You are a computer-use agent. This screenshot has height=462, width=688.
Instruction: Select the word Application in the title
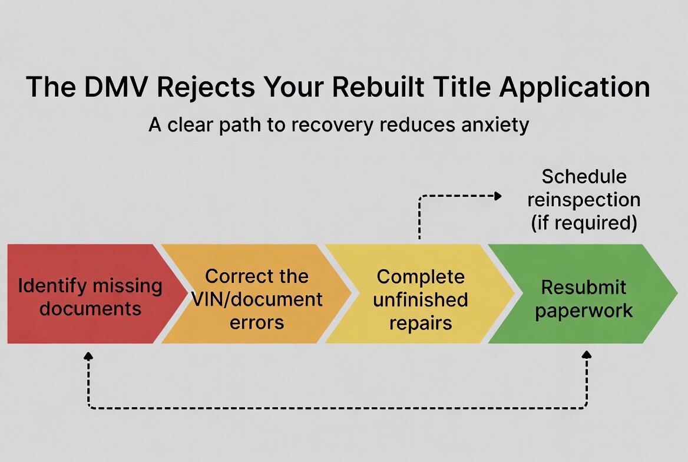(x=574, y=87)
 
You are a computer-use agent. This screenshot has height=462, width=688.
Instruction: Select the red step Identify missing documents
(x=82, y=294)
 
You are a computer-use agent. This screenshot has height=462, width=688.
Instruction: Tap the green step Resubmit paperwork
(x=583, y=294)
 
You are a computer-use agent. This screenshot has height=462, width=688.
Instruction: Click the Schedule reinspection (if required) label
(x=584, y=199)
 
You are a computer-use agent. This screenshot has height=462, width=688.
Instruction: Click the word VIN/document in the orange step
(x=257, y=299)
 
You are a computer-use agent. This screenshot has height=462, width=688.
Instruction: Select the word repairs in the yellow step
(x=421, y=322)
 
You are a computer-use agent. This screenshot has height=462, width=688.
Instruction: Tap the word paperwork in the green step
(x=584, y=310)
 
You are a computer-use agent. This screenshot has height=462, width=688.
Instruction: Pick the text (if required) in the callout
(x=584, y=223)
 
